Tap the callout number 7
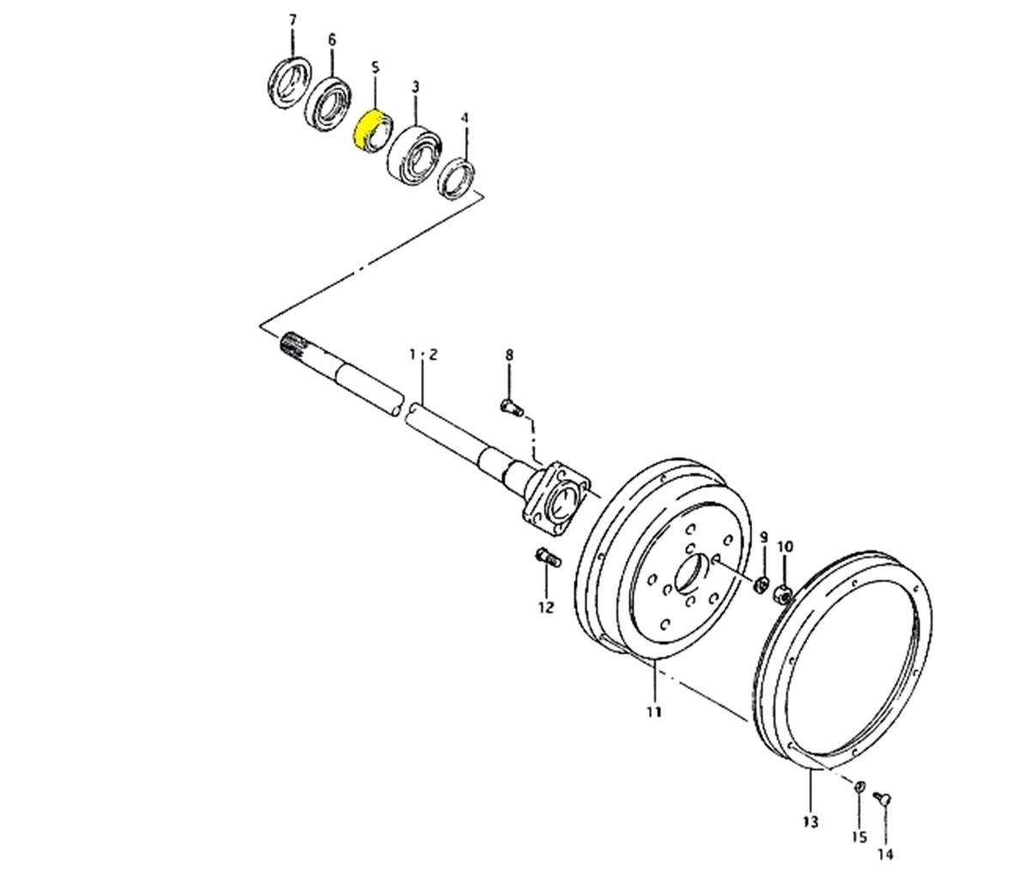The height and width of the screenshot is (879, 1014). tap(293, 21)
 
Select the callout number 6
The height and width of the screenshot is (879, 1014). tap(332, 40)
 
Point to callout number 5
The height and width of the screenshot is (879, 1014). tap(375, 67)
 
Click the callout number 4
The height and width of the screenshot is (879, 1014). tap(464, 118)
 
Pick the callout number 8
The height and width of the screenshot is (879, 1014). tap(510, 355)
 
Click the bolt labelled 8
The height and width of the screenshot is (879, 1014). tap(513, 407)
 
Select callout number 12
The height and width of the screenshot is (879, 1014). tap(546, 608)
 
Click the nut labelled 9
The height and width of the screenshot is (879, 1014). tap(762, 585)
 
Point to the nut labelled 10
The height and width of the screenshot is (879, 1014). tap(783, 591)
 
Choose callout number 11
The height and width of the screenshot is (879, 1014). tap(653, 712)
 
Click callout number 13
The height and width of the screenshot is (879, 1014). tap(811, 822)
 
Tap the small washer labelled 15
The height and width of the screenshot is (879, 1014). tap(860, 786)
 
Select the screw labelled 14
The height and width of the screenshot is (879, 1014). tap(882, 798)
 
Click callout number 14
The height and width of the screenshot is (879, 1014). tap(885, 854)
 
